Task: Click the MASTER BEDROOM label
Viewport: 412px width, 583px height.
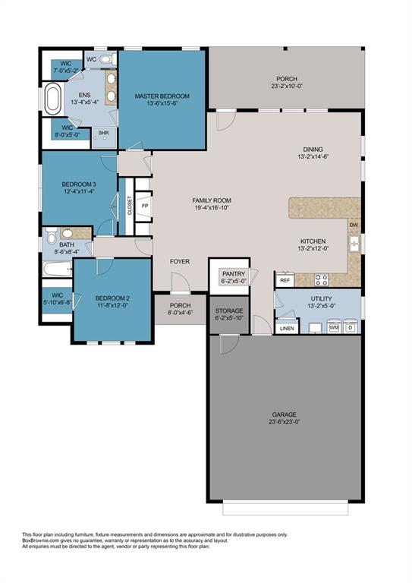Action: tap(162, 96)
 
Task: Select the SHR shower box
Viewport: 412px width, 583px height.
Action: tap(104, 134)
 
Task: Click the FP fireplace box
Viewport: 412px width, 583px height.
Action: tap(144, 206)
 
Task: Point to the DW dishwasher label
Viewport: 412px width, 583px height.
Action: tap(354, 225)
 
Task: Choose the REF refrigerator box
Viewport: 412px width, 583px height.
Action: tap(285, 280)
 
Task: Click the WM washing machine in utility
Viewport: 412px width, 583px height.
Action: tap(333, 327)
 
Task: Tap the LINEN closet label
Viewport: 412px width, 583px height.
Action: tap(287, 328)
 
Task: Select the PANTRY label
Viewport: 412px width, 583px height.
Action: tap(232, 273)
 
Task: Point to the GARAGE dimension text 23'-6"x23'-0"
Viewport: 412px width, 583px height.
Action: tap(285, 421)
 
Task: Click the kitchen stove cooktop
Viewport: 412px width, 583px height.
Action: tap(321, 278)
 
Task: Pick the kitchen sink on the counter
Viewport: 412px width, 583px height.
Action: tap(354, 244)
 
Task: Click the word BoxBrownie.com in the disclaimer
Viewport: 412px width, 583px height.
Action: tap(42, 540)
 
